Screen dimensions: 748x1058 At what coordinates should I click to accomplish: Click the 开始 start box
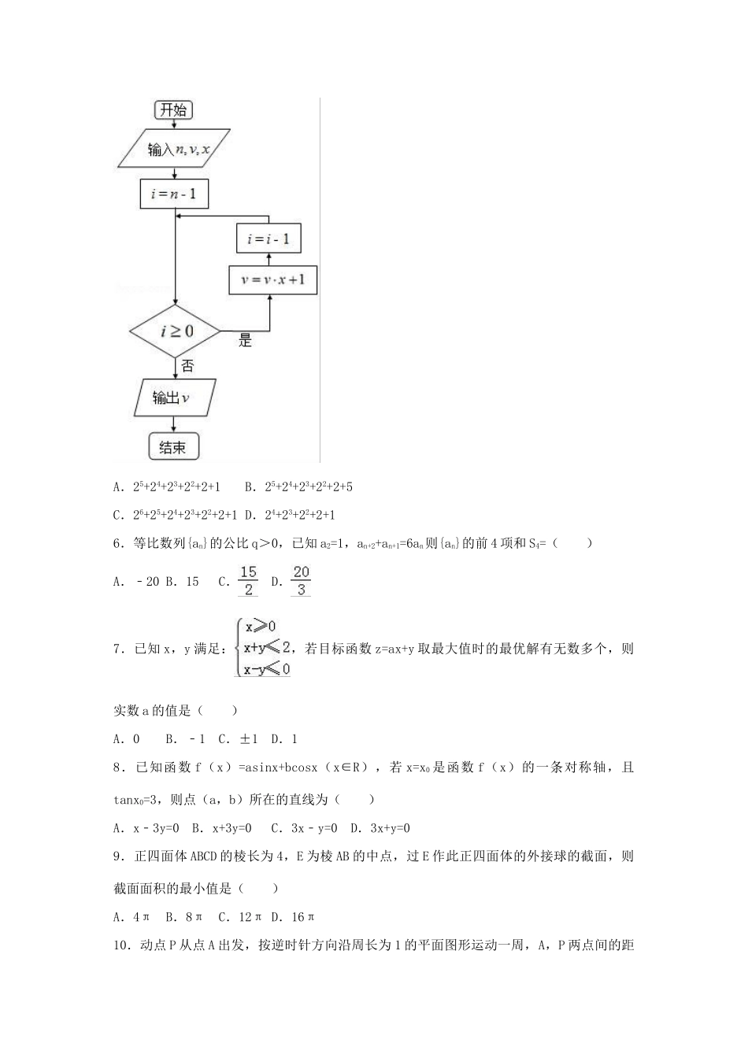172,109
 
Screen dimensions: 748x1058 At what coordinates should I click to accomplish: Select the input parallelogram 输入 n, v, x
175,149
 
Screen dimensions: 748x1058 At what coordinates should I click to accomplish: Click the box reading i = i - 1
268,239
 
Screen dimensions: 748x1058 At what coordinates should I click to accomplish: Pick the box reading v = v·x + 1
272,279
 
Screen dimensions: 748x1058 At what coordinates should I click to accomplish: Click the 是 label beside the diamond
245,342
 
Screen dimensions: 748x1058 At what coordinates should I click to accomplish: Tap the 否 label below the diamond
187,366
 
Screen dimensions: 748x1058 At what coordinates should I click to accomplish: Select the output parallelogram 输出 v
173,398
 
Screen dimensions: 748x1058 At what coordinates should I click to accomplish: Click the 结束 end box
173,447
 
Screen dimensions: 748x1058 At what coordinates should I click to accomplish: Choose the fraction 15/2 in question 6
249,581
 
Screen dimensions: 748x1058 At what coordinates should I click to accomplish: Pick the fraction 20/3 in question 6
301,581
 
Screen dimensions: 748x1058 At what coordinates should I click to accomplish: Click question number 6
118,543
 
